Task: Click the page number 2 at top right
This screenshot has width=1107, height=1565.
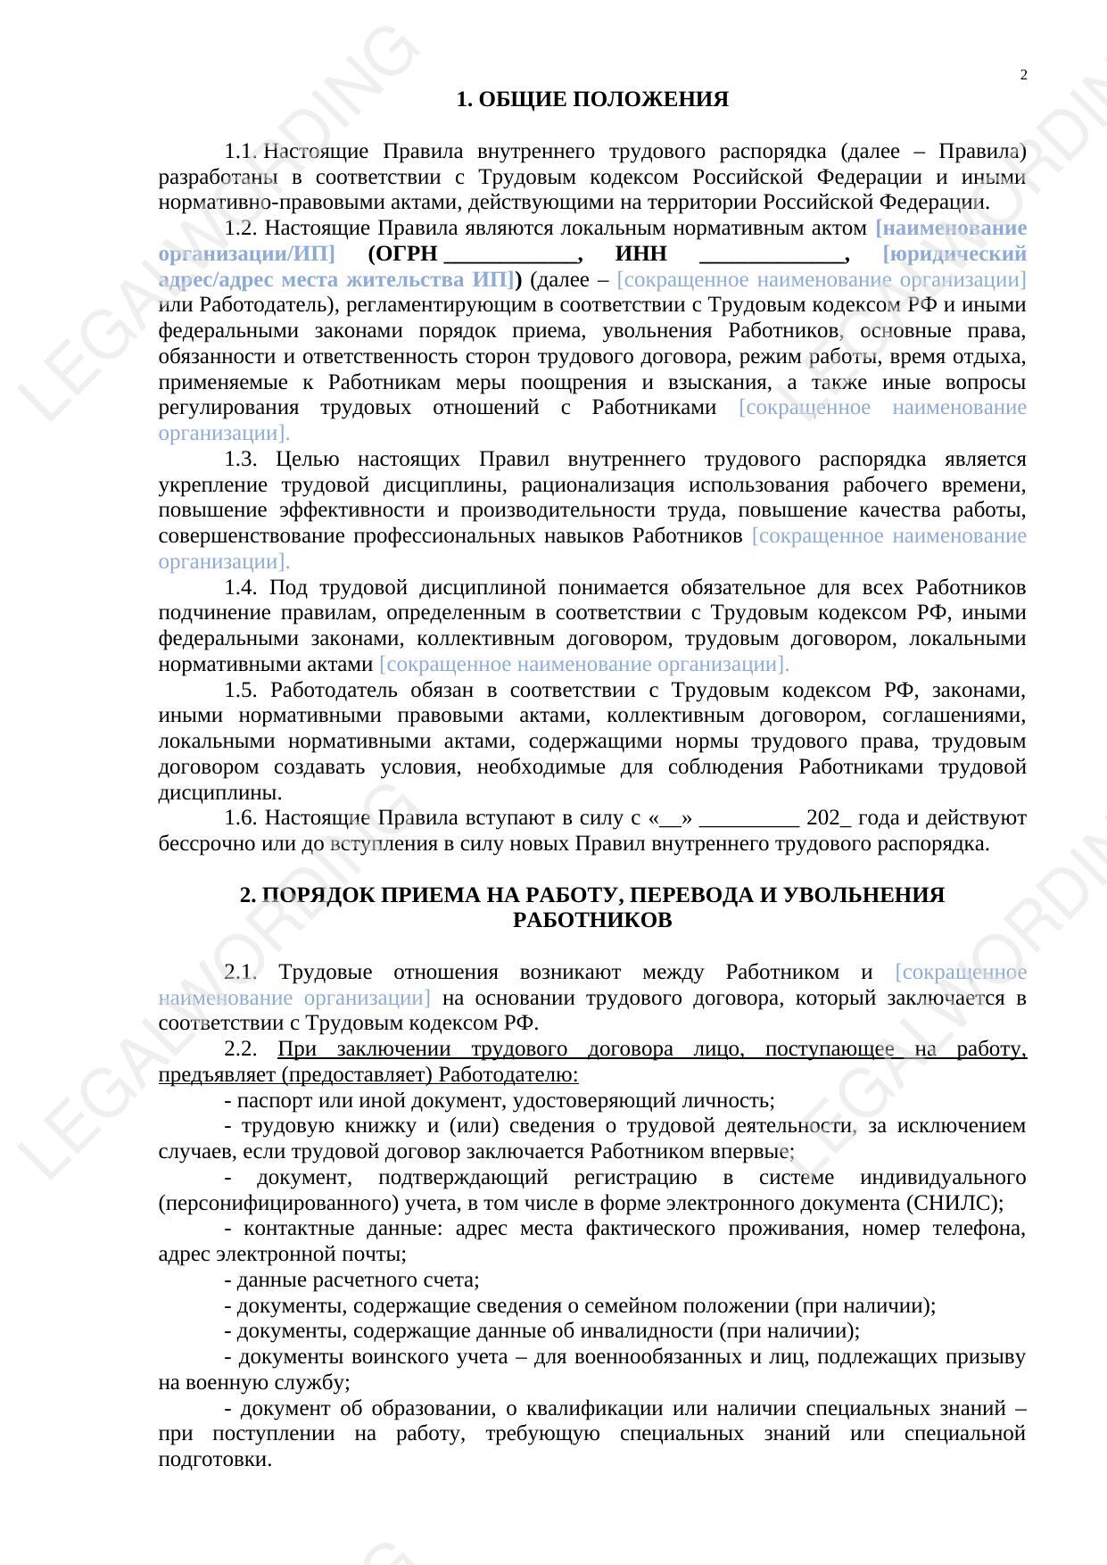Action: tap(1023, 75)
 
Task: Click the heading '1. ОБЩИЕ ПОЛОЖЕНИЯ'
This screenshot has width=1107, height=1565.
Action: tap(592, 100)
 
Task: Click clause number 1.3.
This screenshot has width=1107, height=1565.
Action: tap(241, 460)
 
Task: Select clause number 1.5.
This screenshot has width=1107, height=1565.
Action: tap(241, 691)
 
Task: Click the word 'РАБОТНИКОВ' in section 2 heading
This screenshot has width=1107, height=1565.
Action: tap(592, 920)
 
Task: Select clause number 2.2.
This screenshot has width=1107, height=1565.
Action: tap(241, 1049)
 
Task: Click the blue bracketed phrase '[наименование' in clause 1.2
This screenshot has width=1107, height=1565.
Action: tap(951, 228)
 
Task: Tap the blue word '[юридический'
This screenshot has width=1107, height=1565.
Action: tap(954, 254)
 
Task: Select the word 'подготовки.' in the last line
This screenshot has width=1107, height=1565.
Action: tap(215, 1460)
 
